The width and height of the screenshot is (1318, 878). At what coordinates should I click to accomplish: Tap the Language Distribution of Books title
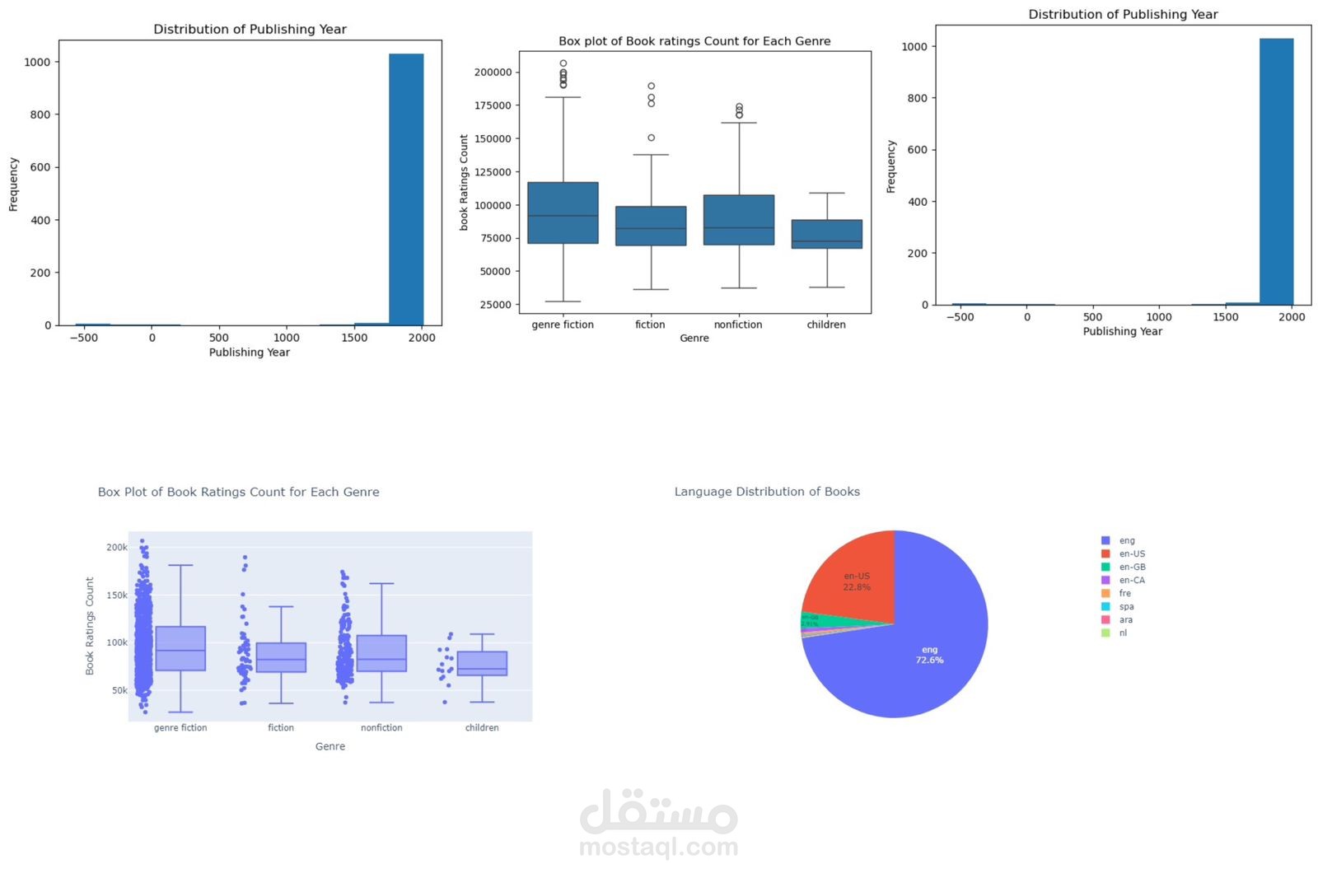(x=767, y=492)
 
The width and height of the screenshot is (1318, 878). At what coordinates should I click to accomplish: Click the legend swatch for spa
(x=1105, y=606)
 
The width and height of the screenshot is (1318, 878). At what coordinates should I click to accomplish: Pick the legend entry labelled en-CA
(x=1132, y=580)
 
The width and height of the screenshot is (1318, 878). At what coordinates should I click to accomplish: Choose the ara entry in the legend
(x=1125, y=619)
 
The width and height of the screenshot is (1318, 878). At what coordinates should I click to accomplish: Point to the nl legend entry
(x=1123, y=633)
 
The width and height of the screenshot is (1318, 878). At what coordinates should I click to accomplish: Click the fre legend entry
(x=1124, y=593)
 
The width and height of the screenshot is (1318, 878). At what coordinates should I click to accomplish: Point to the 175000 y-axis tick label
(x=493, y=105)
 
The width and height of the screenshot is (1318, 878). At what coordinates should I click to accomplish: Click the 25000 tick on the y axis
(x=496, y=305)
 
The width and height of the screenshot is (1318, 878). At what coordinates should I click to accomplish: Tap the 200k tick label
(x=117, y=547)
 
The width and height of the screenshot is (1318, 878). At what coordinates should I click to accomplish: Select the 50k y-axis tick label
(x=119, y=690)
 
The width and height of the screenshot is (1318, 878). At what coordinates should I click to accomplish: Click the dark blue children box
(x=827, y=234)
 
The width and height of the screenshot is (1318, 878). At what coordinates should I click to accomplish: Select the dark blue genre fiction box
(x=563, y=212)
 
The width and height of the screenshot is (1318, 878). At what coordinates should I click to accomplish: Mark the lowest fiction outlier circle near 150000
(x=651, y=138)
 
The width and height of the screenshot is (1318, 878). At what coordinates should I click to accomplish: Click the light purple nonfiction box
(x=381, y=653)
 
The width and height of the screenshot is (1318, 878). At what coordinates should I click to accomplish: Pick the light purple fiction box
(x=281, y=657)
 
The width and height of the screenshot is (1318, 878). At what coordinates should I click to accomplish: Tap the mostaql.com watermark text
(x=658, y=847)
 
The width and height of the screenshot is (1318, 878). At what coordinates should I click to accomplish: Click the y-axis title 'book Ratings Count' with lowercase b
(x=464, y=182)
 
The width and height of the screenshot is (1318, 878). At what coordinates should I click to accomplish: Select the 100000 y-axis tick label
(x=493, y=205)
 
